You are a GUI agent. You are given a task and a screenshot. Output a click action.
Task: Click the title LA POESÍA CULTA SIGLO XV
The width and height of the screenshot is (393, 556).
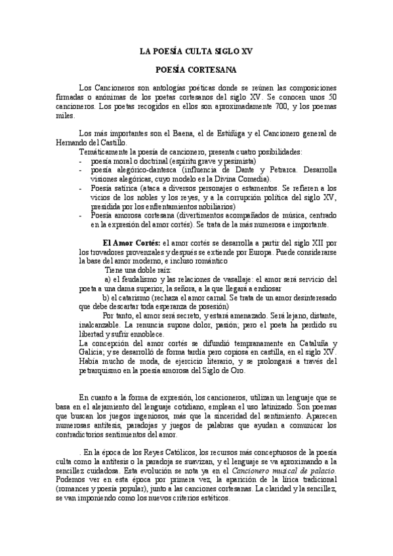[196, 50]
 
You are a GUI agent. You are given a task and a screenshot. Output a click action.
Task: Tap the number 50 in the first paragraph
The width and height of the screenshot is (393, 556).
[331, 97]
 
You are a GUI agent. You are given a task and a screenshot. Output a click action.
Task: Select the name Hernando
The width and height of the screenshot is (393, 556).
[95, 142]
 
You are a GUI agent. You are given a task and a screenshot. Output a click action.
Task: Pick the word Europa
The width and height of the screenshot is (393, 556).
[277, 252]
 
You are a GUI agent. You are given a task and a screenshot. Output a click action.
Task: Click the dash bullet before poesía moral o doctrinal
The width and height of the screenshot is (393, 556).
[80, 161]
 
